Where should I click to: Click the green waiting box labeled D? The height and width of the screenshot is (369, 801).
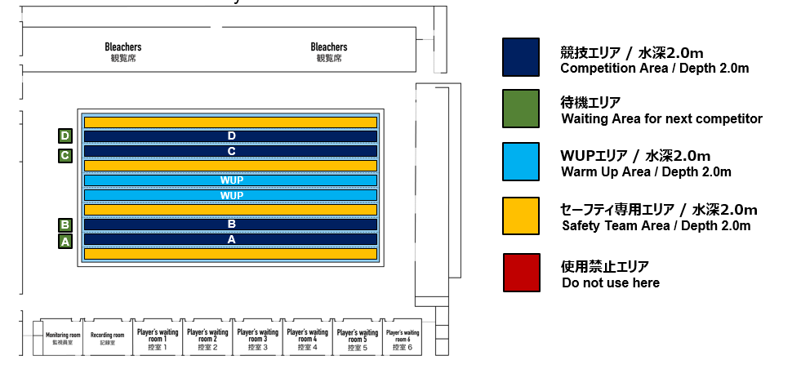click(x=65, y=136)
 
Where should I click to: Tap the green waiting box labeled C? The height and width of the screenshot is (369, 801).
click(x=65, y=155)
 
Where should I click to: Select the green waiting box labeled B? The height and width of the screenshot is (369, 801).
click(x=65, y=225)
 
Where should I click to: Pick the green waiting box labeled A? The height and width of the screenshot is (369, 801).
click(x=65, y=242)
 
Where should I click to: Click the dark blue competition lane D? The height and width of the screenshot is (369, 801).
click(x=230, y=136)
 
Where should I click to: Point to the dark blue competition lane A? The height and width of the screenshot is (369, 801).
click(x=230, y=239)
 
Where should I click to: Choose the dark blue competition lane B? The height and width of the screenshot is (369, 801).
click(x=230, y=225)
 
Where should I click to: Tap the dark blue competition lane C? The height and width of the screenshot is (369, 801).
click(x=230, y=151)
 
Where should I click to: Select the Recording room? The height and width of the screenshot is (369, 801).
click(x=107, y=337)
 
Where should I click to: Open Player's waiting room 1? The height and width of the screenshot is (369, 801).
click(x=158, y=337)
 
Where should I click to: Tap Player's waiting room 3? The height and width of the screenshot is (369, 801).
click(x=257, y=337)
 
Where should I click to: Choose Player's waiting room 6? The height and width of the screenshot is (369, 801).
click(x=403, y=337)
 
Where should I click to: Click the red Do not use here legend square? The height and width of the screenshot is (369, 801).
click(x=522, y=273)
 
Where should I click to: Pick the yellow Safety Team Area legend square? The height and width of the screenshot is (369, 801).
click(x=521, y=216)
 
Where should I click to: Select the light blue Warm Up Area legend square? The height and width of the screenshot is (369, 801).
click(x=521, y=162)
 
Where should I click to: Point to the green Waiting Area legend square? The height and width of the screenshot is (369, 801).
click(x=521, y=109)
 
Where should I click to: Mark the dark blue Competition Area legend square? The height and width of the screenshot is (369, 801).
click(x=521, y=57)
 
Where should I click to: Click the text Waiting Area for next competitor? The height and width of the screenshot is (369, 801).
click(x=661, y=119)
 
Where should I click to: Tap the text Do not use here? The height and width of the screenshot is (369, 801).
click(x=611, y=282)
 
